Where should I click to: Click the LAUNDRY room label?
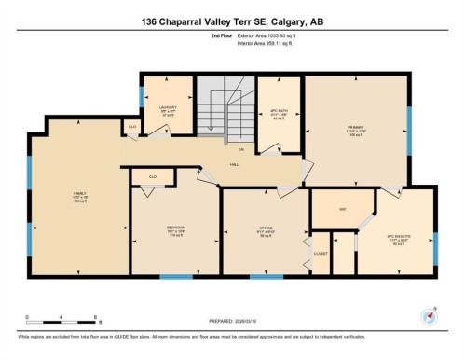(x=169, y=108)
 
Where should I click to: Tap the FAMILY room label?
(x=79, y=194)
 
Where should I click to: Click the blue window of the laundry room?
(x=142, y=92)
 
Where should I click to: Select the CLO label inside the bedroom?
(x=152, y=174)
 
